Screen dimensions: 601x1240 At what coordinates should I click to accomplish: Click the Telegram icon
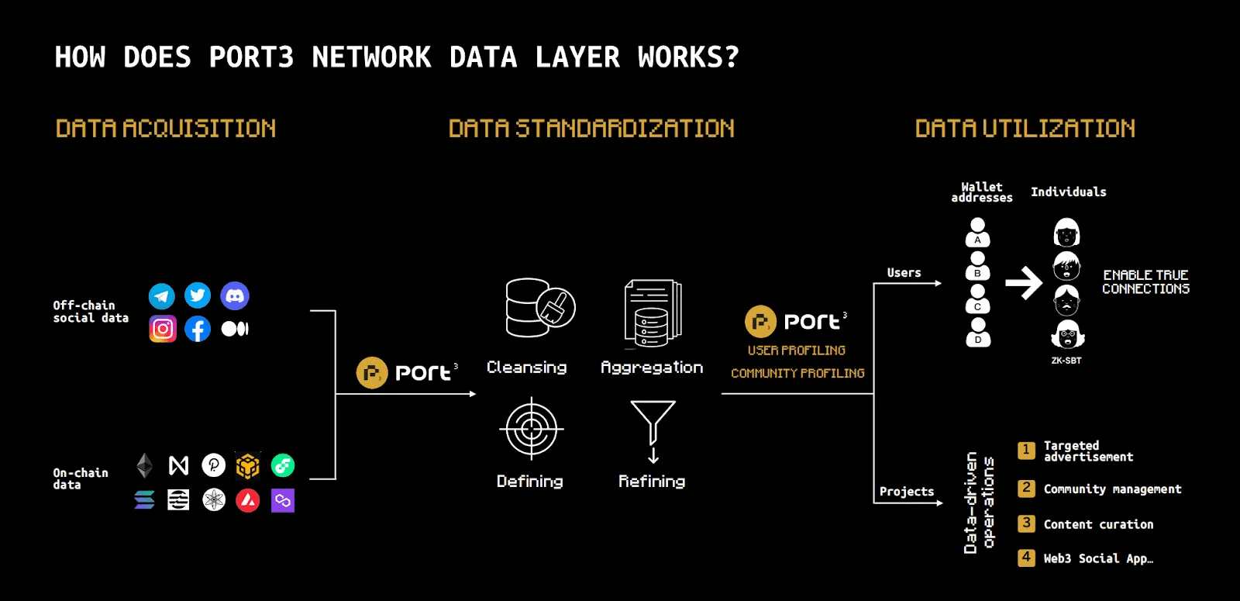pos(162,295)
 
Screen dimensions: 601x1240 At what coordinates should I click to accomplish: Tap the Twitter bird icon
pos(198,295)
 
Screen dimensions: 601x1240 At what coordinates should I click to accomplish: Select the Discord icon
pos(235,295)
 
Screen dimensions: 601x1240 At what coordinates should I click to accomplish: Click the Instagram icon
pos(163,329)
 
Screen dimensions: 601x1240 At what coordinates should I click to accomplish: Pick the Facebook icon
pos(198,329)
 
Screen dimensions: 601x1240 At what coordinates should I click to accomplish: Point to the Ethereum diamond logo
pos(145,465)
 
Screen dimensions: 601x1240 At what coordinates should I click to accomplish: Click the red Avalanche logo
pos(248,500)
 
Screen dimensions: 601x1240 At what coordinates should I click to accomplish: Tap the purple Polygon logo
pos(283,500)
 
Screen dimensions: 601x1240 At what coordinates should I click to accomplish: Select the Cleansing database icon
pos(539,307)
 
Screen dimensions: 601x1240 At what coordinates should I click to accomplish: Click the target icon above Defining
pos(531,428)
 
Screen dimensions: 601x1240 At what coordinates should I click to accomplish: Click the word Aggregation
pos(652,368)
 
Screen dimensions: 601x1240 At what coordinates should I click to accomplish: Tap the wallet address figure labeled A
pos(978,232)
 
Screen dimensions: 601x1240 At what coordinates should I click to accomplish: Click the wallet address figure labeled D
pos(978,332)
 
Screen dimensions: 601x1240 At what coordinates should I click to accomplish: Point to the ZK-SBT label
pos(1066,361)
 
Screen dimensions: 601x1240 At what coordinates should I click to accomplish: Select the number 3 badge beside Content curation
pos(1026,523)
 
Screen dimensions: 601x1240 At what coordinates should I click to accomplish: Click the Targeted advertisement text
pos(1088,451)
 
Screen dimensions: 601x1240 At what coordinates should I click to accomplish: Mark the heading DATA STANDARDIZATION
pos(591,129)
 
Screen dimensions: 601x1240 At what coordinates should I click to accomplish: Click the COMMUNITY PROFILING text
pos(797,374)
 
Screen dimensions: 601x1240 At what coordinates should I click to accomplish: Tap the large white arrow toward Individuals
pos(1024,283)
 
